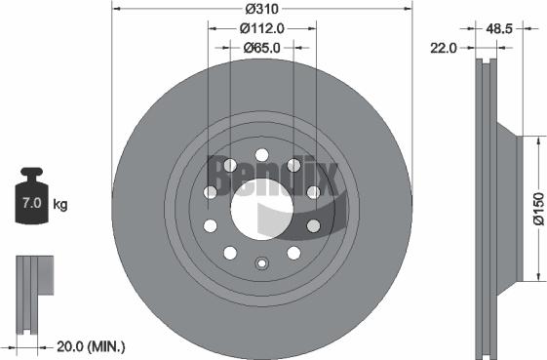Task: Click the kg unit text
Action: (x=61, y=205)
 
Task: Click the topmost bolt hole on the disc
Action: (x=260, y=153)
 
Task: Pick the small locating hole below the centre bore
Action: (x=260, y=262)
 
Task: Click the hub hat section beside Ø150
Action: (x=508, y=209)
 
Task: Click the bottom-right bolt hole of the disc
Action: (x=293, y=252)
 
